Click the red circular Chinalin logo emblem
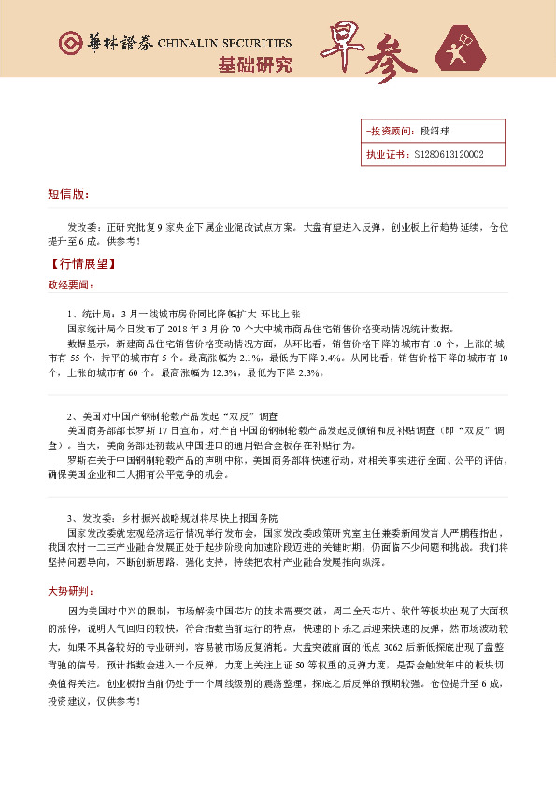click(x=70, y=44)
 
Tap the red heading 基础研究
click(x=254, y=65)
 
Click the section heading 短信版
click(x=67, y=194)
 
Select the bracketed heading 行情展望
click(x=78, y=264)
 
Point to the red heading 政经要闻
click(x=70, y=285)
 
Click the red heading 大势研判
click(x=70, y=591)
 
